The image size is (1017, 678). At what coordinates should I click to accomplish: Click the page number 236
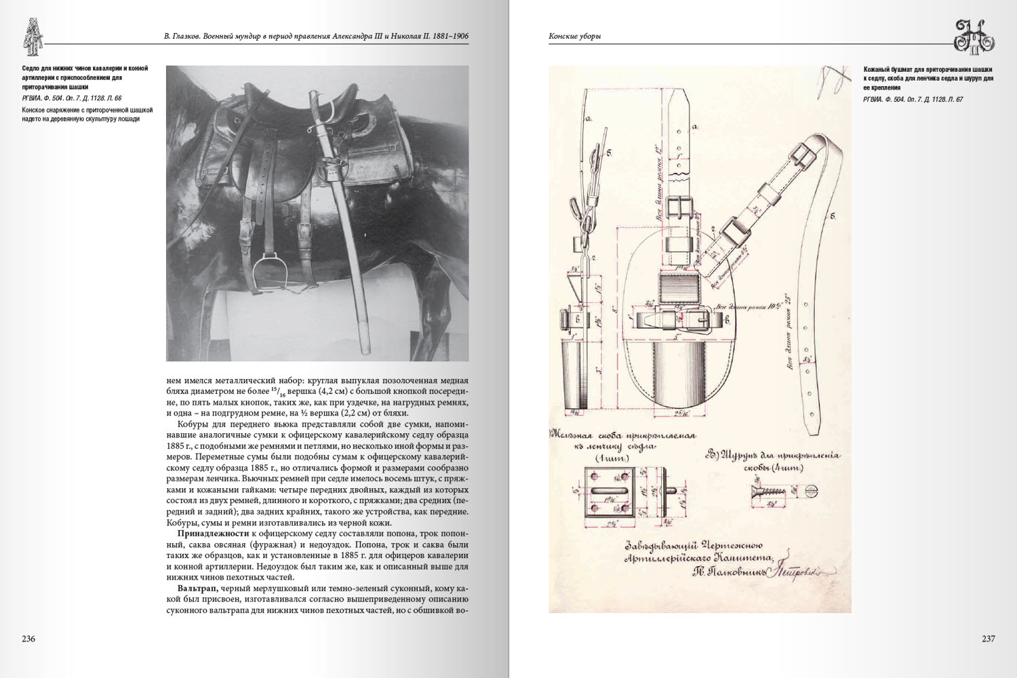28,639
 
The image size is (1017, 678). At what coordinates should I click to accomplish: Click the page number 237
988,639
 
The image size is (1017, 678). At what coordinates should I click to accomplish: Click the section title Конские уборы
574,36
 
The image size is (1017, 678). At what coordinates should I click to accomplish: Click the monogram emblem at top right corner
974,36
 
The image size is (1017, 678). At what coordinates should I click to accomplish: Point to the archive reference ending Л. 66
71,98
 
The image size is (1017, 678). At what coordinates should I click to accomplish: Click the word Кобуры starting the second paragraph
193,424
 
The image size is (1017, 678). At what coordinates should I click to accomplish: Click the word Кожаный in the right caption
879,69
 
